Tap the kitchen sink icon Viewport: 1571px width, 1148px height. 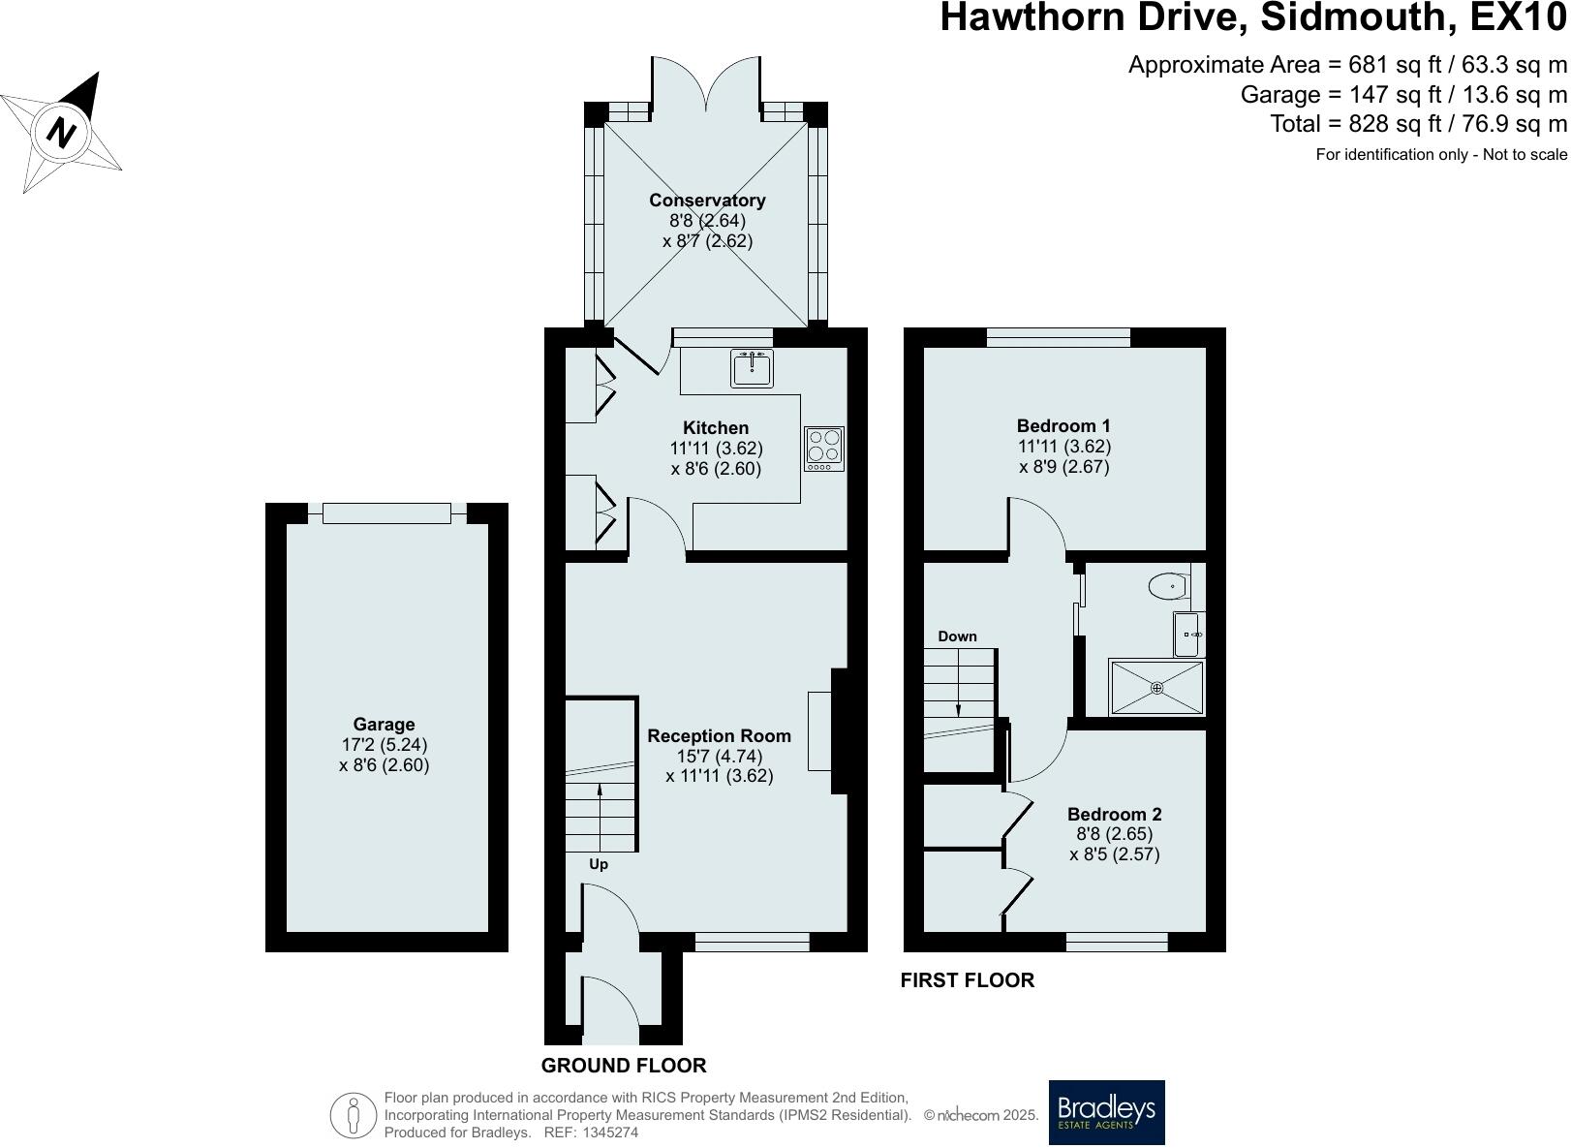coord(752,368)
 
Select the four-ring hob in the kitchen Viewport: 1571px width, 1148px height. coord(824,449)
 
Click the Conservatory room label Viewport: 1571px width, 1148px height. coord(707,201)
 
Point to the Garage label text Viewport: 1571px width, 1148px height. coord(384,725)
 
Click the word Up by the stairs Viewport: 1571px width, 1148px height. coord(599,864)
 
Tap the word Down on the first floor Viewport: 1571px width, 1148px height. coord(957,636)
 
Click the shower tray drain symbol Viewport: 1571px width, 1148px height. coord(1156,688)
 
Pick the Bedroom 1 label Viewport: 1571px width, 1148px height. coord(1063,425)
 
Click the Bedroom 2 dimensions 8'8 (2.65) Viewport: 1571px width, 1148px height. coord(1114,834)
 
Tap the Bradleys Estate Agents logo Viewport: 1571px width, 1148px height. coord(1106,1112)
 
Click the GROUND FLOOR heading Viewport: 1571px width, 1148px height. coord(624,1066)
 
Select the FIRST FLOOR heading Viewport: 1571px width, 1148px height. coord(967,980)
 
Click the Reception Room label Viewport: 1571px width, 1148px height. coord(719,736)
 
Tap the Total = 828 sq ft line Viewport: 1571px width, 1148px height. coord(1418,124)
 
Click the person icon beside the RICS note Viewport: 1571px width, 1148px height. coord(354,1115)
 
